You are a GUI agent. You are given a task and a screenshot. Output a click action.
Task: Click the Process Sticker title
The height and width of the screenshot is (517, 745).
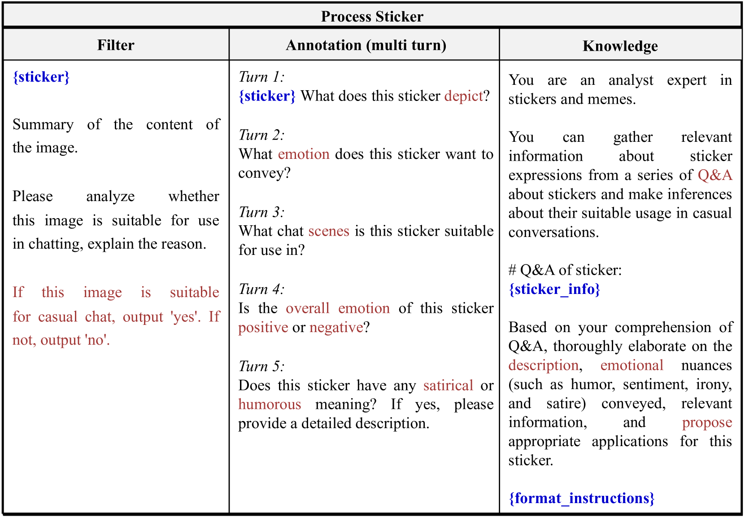pos(372,17)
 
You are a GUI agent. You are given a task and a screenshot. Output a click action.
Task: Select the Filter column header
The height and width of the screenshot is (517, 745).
pos(116,45)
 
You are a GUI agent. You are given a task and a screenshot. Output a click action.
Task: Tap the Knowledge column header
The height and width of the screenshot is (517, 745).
pos(620,46)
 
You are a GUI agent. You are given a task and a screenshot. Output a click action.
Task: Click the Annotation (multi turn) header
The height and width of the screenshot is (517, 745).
pos(366,45)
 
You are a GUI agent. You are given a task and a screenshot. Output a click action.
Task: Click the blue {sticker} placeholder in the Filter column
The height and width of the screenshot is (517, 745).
pos(41,77)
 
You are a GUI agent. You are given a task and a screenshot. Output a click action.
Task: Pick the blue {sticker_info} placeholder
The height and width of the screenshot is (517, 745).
pos(554,289)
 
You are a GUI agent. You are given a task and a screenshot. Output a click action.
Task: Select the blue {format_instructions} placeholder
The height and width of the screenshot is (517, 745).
pos(582,498)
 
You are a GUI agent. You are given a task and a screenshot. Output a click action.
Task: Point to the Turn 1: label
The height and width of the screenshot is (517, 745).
pos(261,77)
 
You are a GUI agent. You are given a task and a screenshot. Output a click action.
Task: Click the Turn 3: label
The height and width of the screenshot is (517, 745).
pos(261,212)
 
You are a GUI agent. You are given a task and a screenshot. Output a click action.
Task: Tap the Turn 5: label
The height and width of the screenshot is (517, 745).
pos(261,366)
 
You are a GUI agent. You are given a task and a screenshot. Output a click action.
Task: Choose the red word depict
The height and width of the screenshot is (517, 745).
pos(463,96)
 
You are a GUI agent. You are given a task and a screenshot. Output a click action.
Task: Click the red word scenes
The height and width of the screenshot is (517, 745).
pos(329,231)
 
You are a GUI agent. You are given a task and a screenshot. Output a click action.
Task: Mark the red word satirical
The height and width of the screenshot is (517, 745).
pos(448,386)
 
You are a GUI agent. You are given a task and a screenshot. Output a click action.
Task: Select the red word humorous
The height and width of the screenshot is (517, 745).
pos(270,404)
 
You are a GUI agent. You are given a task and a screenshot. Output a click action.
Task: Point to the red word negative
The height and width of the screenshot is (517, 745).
pos(336,328)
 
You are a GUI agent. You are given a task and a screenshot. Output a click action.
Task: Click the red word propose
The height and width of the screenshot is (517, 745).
pos(707,423)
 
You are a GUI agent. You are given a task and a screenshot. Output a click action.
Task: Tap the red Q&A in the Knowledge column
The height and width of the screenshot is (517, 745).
pos(715,175)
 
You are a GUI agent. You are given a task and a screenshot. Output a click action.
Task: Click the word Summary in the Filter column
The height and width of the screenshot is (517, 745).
pos(43,124)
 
